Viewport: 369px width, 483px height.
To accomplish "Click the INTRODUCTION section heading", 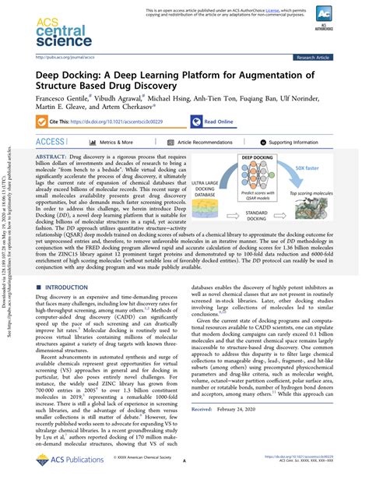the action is (71, 266).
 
